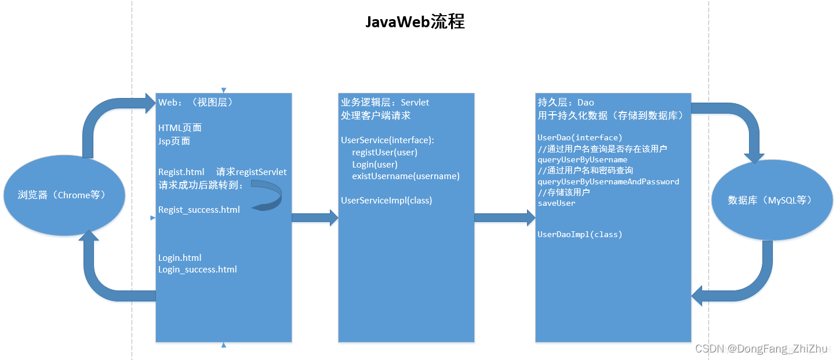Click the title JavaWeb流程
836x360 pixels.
click(415, 22)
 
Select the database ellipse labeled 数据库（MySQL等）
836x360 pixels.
click(772, 201)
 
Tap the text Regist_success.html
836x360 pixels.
click(199, 210)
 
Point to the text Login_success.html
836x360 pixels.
click(198, 270)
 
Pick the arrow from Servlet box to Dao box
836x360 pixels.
click(504, 217)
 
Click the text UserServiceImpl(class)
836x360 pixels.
click(386, 201)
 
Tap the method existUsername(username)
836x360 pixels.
click(406, 176)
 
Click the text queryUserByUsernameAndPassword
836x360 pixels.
click(608, 182)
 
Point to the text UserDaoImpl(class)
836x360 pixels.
click(580, 235)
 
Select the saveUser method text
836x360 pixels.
click(557, 203)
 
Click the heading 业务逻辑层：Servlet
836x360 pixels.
click(385, 103)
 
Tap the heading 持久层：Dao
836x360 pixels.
click(566, 103)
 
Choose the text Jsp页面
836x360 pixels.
click(174, 141)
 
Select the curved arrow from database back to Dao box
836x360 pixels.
click(748, 284)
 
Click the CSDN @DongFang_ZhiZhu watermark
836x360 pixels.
click(761, 348)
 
